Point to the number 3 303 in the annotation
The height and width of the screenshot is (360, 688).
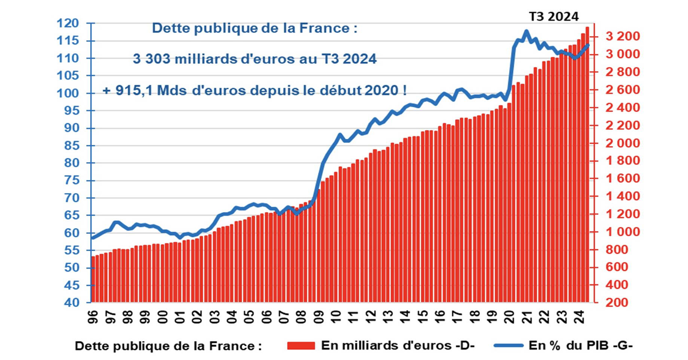[153, 60]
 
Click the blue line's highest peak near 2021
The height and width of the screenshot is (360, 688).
[526, 32]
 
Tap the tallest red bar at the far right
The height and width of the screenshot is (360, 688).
[587, 166]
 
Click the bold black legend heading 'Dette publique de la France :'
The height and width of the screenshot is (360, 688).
[169, 346]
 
